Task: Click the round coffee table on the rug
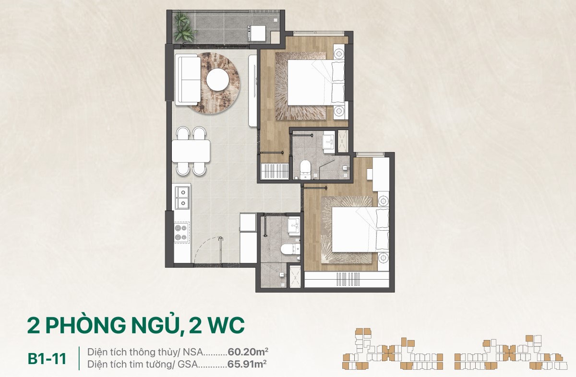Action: pyautogui.click(x=217, y=80)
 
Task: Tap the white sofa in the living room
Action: pyautogui.click(x=188, y=81)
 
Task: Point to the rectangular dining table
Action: pyautogui.click(x=191, y=151)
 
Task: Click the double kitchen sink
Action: pyautogui.click(x=182, y=197)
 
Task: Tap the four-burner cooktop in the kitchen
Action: pyautogui.click(x=182, y=233)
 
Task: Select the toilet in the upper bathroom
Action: pyautogui.click(x=306, y=168)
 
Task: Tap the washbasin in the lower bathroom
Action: pyautogui.click(x=294, y=226)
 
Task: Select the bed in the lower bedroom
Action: pyautogui.click(x=360, y=230)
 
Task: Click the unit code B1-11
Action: pyautogui.click(x=47, y=359)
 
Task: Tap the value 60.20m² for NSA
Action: pyautogui.click(x=248, y=352)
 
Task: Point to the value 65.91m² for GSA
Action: pyautogui.click(x=247, y=364)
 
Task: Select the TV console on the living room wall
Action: pyautogui.click(x=253, y=91)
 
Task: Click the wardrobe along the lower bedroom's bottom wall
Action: pyautogui.click(x=347, y=279)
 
